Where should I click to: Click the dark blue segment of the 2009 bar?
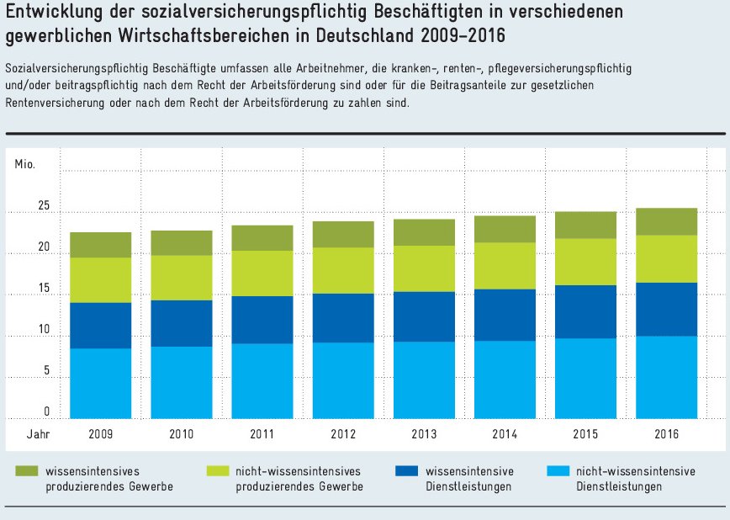[100, 325]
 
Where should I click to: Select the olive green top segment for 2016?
[666, 221]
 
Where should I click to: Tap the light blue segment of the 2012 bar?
[343, 380]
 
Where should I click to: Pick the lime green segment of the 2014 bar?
[504, 266]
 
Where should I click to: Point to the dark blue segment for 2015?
[585, 311]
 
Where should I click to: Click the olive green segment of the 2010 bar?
[182, 242]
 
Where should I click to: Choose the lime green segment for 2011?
[262, 273]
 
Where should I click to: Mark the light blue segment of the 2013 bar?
[424, 379]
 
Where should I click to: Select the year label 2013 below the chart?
[424, 435]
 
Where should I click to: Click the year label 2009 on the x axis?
[100, 435]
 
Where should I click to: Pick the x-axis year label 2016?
[666, 435]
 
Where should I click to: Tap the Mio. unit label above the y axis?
[25, 163]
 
